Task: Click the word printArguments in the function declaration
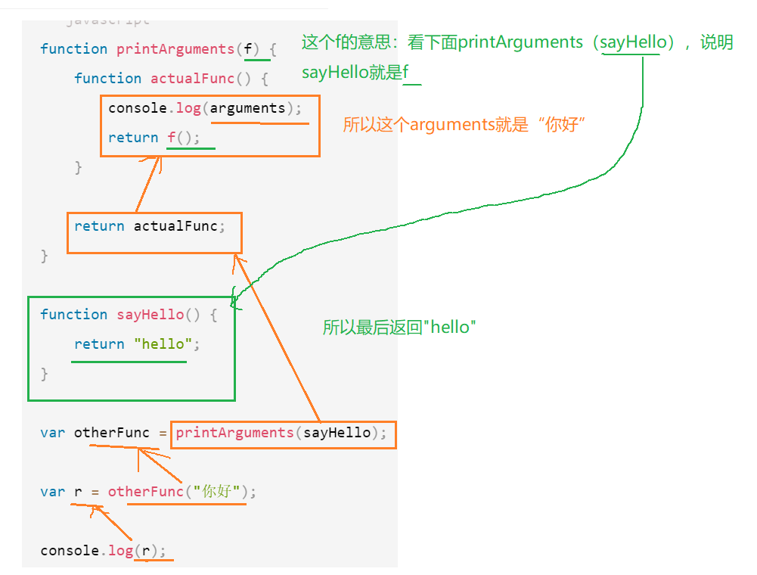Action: click(175, 49)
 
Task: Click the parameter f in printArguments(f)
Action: click(248, 49)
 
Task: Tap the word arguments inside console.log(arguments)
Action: click(247, 108)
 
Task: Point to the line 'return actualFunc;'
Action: click(150, 226)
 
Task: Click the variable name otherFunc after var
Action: click(112, 433)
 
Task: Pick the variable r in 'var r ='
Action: click(78, 492)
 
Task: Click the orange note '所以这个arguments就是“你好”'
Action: click(465, 125)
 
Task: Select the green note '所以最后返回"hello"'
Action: click(399, 328)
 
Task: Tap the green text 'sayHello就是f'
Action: click(355, 73)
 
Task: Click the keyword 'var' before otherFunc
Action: click(52, 433)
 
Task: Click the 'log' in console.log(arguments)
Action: click(188, 108)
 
